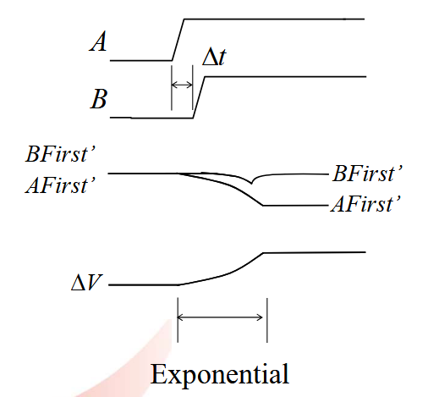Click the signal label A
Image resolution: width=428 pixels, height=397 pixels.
click(x=98, y=41)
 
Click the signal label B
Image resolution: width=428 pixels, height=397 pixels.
click(x=99, y=99)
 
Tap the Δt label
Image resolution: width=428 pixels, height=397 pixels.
click(x=214, y=58)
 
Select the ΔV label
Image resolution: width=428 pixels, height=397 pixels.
click(x=87, y=283)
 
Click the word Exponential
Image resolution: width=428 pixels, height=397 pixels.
click(x=220, y=374)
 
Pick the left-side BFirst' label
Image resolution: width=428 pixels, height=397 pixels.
click(x=61, y=154)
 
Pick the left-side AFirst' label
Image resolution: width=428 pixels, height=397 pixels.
click(x=61, y=185)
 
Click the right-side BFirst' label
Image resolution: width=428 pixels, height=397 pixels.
click(x=367, y=174)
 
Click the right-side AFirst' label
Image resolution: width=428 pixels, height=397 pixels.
click(x=365, y=204)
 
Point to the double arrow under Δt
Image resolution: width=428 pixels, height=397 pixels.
click(x=182, y=85)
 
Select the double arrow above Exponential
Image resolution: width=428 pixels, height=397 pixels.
click(x=220, y=317)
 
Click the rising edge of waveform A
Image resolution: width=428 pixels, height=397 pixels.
click(x=178, y=40)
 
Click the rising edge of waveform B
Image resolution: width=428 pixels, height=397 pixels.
click(x=199, y=97)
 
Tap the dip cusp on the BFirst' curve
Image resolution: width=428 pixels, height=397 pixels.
click(x=251, y=184)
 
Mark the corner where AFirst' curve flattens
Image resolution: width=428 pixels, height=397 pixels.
click(x=263, y=206)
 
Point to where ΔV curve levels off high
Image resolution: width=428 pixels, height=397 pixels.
click(x=264, y=253)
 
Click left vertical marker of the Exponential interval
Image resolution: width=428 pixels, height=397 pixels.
click(x=178, y=320)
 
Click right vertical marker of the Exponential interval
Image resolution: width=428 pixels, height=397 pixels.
click(x=267, y=320)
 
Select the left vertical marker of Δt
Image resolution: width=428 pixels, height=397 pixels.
click(x=172, y=87)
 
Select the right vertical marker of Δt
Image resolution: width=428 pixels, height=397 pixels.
click(x=193, y=87)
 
